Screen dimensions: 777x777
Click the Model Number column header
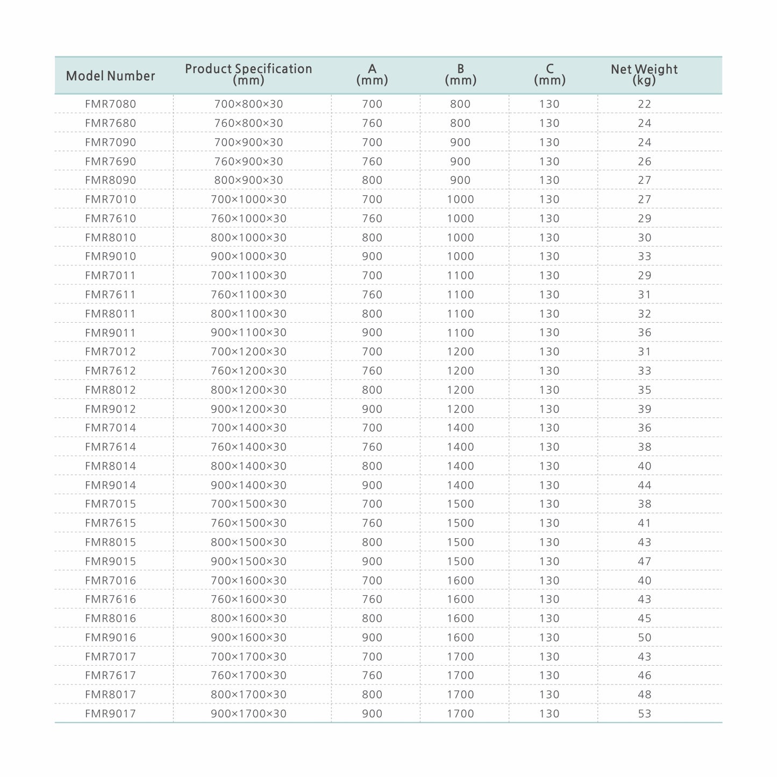pyautogui.click(x=110, y=76)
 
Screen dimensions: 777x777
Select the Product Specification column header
pyautogui.click(x=248, y=74)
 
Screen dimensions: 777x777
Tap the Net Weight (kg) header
pyautogui.click(x=644, y=74)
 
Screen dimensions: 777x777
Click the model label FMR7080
pyautogui.click(x=110, y=104)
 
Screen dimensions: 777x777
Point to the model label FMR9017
pyautogui.click(x=110, y=714)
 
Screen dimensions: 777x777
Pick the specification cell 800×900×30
pyautogui.click(x=248, y=180)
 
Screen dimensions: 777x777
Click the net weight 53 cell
pyautogui.click(x=644, y=714)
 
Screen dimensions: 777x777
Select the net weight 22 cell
pyautogui.click(x=644, y=104)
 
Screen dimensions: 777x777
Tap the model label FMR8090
pyautogui.click(x=110, y=180)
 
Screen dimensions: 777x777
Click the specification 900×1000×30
pyautogui.click(x=248, y=256)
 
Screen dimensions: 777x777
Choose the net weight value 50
pyautogui.click(x=644, y=637)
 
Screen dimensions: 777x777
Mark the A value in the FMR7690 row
pyautogui.click(x=372, y=161)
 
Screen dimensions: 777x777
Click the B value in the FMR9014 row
pyautogui.click(x=460, y=485)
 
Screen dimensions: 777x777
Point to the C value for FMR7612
pyautogui.click(x=549, y=370)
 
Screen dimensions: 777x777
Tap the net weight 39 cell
pyautogui.click(x=644, y=409)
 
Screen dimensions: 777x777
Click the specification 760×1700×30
pyautogui.click(x=248, y=675)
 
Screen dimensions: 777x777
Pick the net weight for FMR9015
pyautogui.click(x=644, y=561)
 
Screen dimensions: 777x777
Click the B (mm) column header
pyautogui.click(x=460, y=74)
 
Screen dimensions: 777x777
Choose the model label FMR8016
pyautogui.click(x=110, y=618)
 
